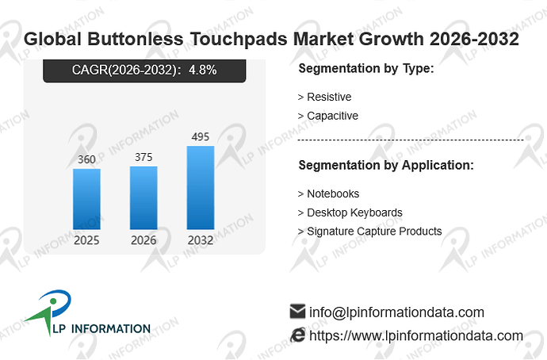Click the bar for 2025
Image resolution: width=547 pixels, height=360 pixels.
[86, 199]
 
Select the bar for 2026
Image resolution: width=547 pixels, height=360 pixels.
[143, 197]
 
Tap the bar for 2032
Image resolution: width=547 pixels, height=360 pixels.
[201, 188]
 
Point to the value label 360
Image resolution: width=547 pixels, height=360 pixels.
[86, 159]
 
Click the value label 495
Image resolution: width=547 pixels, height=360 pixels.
[201, 136]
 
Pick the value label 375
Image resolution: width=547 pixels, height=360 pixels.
[143, 157]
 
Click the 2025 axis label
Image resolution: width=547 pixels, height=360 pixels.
[86, 240]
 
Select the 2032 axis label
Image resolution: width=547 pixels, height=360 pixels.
[201, 240]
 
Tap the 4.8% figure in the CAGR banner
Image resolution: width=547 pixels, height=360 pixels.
[203, 70]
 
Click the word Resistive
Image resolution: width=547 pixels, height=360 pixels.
[329, 97]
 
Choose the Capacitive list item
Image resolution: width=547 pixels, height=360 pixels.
[328, 116]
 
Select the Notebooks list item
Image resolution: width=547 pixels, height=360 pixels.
[328, 193]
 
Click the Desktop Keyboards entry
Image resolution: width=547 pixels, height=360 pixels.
[350, 213]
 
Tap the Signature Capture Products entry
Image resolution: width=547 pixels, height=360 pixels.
[369, 232]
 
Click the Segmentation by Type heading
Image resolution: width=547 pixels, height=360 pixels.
[366, 68]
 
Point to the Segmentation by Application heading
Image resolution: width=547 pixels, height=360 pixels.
[386, 165]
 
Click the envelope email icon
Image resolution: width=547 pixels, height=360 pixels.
[297, 311]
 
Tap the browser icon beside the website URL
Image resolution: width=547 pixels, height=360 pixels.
[297, 335]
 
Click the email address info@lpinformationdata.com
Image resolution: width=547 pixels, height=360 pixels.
[396, 312]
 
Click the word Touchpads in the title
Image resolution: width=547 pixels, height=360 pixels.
[239, 39]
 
